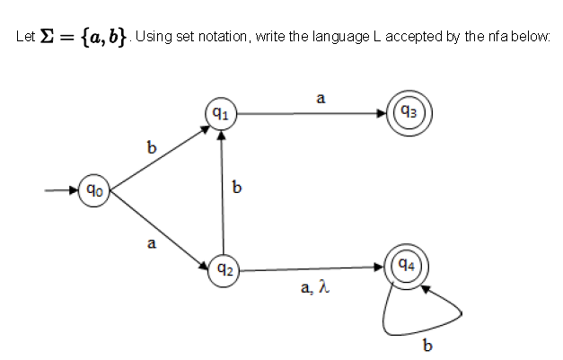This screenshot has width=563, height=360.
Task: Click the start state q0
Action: click(x=93, y=190)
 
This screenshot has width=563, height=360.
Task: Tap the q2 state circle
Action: click(x=224, y=268)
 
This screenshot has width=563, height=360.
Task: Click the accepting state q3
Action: click(x=409, y=113)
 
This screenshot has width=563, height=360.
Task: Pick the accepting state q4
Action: click(x=406, y=267)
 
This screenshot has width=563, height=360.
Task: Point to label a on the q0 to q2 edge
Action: click(x=151, y=242)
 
